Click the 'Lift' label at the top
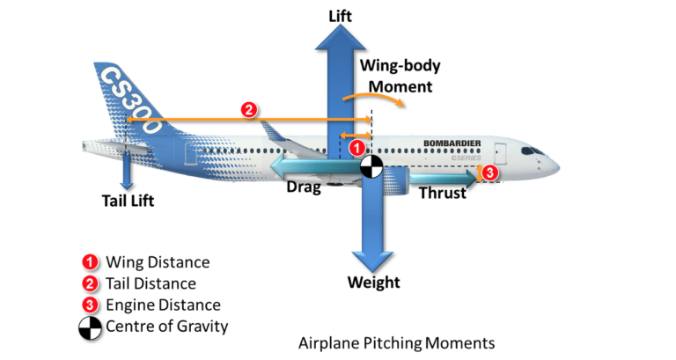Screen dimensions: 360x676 pos(341,16)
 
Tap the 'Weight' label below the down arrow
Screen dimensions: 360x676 pos(373,283)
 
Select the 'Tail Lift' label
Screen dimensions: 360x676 pos(127,201)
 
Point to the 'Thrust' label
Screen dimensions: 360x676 pos(442,193)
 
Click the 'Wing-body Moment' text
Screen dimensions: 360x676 pos(400,76)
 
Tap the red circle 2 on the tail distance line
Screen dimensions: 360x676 pos(249,110)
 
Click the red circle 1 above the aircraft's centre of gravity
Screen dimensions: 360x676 pos(357,148)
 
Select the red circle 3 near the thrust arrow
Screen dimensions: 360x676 pos(490,173)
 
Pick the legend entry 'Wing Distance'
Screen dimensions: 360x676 pos(158,262)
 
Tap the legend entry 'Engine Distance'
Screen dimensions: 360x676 pos(163,305)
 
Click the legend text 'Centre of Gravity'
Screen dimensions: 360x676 pos(167,327)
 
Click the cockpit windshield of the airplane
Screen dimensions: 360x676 pos(533,151)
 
